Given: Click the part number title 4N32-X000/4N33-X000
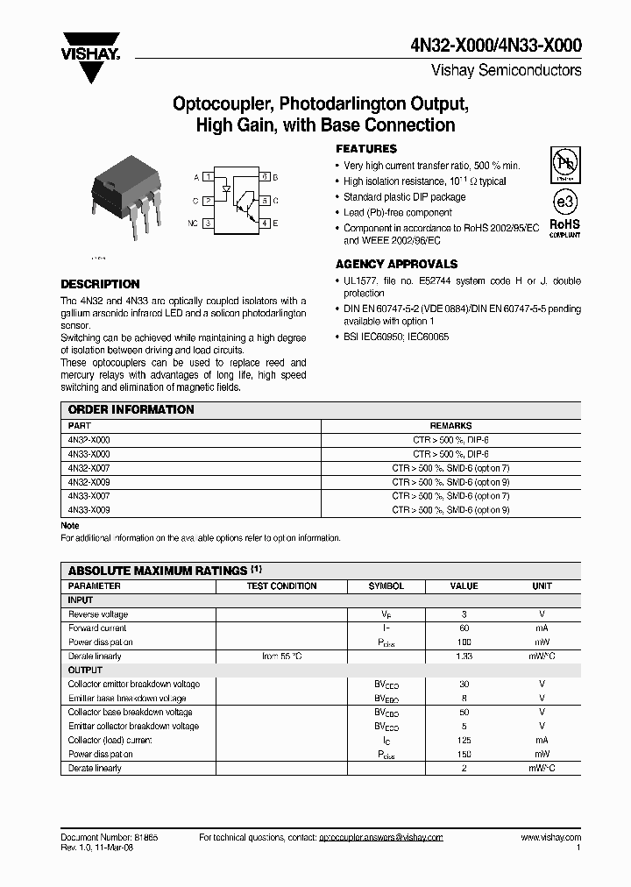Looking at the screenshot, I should [498, 47].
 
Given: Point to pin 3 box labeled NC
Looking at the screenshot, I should [209, 224].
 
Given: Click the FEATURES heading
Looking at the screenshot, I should [366, 149].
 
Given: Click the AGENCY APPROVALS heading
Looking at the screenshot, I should [396, 264].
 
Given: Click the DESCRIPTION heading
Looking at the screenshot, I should [100, 284].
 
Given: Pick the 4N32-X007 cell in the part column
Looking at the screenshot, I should [89, 468].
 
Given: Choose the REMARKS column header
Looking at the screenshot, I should [450, 425].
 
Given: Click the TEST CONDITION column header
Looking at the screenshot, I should [281, 586].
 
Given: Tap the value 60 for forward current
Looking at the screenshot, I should [464, 628].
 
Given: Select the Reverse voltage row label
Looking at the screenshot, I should [98, 614].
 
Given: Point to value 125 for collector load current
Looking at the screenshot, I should [464, 741].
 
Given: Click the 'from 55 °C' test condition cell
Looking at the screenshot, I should [281, 656].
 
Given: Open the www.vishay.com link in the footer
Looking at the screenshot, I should [550, 838].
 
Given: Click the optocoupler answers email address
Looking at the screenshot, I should [381, 838].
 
